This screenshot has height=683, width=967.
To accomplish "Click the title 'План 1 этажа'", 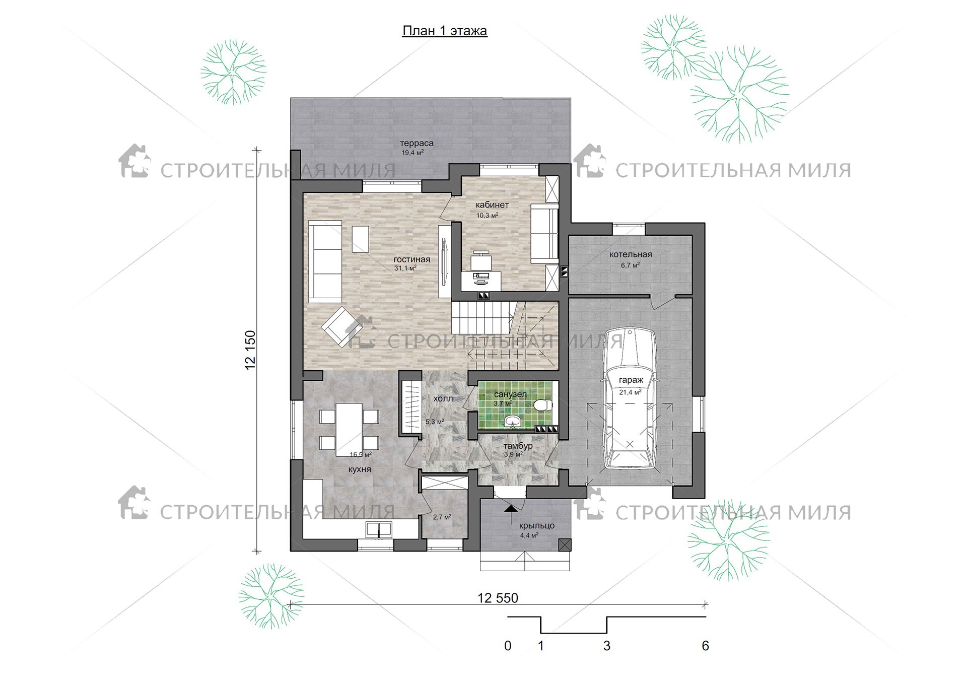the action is (x=445, y=31).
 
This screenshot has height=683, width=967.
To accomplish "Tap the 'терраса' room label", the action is (x=417, y=143).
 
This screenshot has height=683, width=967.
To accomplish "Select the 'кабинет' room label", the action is (x=492, y=205).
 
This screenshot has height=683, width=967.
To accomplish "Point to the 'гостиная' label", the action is (x=412, y=259).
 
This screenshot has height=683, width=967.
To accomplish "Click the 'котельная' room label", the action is (x=631, y=254).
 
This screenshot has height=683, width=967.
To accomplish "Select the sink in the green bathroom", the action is (x=513, y=421).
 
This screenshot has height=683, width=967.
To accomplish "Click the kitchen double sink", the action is (x=379, y=529).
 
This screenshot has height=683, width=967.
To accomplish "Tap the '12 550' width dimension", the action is (x=498, y=598).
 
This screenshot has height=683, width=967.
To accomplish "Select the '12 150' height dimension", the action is (x=250, y=350).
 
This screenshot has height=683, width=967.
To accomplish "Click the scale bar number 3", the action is (x=607, y=646).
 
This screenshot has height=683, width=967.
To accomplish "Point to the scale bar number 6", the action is (x=705, y=646).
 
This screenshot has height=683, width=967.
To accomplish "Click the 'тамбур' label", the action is (x=518, y=446).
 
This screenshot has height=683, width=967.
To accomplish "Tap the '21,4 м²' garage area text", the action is (x=630, y=392).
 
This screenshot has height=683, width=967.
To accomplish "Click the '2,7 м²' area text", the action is (x=442, y=517).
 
